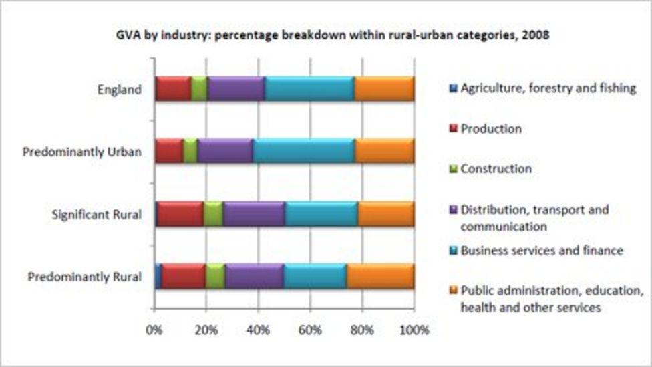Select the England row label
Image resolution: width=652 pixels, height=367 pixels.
pyautogui.click(x=120, y=89)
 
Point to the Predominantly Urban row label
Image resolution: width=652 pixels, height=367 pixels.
pyautogui.click(x=81, y=152)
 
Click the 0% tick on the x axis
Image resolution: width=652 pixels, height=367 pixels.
pyautogui.click(x=154, y=330)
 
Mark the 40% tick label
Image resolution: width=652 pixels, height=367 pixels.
pyautogui.click(x=258, y=330)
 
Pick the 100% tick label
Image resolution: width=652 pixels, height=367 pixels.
pyautogui.click(x=414, y=330)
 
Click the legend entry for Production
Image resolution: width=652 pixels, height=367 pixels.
pyautogui.click(x=490, y=129)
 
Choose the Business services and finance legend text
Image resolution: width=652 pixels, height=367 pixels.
pyautogui.click(x=541, y=251)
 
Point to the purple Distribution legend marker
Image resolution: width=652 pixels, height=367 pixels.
pyautogui.click(x=452, y=210)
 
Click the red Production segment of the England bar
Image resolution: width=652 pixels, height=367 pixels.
pyautogui.click(x=173, y=88)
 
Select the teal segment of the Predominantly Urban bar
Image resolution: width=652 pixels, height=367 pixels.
pyautogui.click(x=303, y=151)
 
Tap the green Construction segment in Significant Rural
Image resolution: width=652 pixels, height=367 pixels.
pyautogui.click(x=213, y=214)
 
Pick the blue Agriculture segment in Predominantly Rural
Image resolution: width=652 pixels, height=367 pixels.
pyautogui.click(x=158, y=276)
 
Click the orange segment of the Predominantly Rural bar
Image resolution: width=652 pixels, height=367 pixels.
pyautogui.click(x=380, y=276)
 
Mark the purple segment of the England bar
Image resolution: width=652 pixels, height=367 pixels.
pyautogui.click(x=236, y=88)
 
